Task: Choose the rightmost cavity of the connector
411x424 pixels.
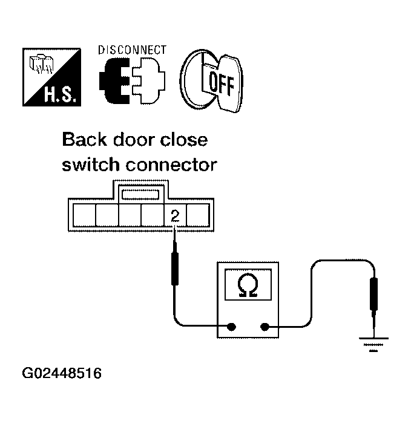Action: [197, 215]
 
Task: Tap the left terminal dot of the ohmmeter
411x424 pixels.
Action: [231, 327]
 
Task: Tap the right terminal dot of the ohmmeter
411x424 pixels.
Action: [264, 327]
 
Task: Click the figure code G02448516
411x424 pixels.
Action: [62, 374]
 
